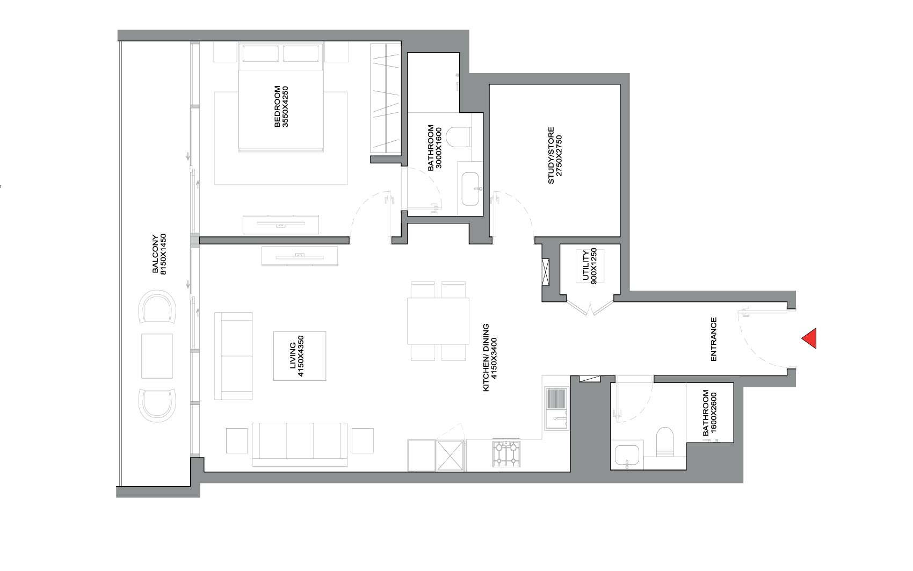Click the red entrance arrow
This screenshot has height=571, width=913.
coord(810,338)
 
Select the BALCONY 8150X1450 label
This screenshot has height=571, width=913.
coord(160,254)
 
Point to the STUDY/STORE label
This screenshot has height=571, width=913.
coord(555,155)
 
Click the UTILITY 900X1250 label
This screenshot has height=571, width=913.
coord(590,265)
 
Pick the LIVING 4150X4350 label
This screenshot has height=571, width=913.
coord(297,356)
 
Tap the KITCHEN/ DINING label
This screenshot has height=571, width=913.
coord(490,357)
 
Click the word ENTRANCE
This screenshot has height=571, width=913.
coord(714,339)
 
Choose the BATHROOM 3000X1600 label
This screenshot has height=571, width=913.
coord(434,148)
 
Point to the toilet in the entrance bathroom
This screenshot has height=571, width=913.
coord(664,442)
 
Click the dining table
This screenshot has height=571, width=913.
coord(438,321)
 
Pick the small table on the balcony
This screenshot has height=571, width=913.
coord(157,356)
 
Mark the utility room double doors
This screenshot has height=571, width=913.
coord(590,307)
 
